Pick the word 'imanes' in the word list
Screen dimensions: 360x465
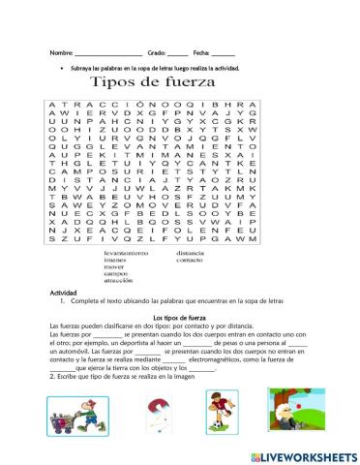pos(116,261)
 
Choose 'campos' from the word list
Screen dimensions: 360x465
pos(116,275)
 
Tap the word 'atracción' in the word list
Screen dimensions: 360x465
pos(119,282)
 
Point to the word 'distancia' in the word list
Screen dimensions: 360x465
pos(190,253)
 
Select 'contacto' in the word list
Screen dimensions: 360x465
pos(190,261)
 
